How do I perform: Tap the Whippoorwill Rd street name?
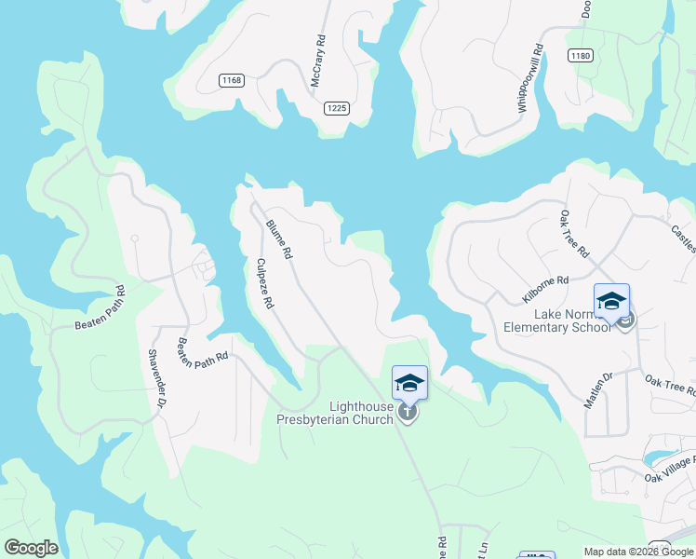pyautogui.click(x=529, y=80)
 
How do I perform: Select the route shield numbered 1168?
pyautogui.click(x=232, y=80)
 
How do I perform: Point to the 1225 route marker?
pyautogui.click(x=337, y=108)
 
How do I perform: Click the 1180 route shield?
pyautogui.click(x=581, y=56)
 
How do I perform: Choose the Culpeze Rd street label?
pyautogui.click(x=265, y=283)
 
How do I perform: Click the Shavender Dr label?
pyautogui.click(x=155, y=378)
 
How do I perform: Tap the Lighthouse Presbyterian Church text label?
pyautogui.click(x=335, y=413)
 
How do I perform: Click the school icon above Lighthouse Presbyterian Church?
pyautogui.click(x=409, y=382)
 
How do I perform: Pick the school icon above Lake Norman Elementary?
pyautogui.click(x=612, y=300)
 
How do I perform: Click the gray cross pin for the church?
pyautogui.click(x=408, y=413)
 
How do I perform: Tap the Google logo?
pyautogui.click(x=31, y=548)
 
